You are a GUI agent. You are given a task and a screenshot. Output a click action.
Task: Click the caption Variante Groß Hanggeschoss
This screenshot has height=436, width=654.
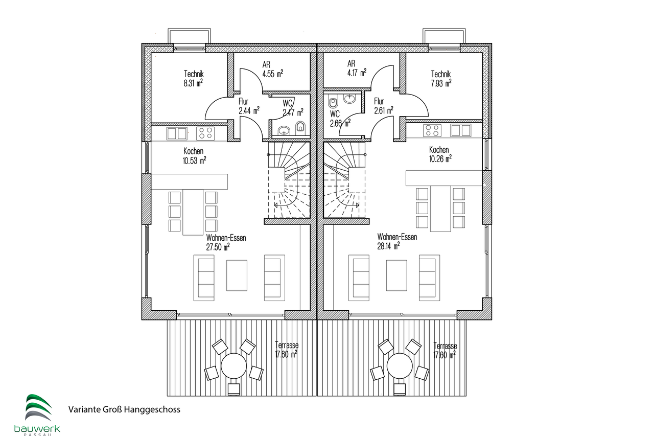pos(124,409)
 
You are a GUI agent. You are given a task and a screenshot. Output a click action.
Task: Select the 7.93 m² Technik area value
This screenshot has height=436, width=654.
pos(441,83)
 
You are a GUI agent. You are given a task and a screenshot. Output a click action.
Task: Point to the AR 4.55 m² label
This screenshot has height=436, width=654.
pos(272,69)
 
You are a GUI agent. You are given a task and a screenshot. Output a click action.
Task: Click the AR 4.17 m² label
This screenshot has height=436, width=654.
pos(357,68)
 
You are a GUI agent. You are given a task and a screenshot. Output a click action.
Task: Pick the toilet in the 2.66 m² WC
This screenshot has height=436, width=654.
pos(333,103)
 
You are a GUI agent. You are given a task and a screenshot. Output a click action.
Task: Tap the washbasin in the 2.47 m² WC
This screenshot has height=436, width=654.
pos(284,130)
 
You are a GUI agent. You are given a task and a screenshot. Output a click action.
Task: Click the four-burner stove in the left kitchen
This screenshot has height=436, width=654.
pos(205,133)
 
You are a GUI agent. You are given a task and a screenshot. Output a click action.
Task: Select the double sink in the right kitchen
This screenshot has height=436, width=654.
pos(461,130)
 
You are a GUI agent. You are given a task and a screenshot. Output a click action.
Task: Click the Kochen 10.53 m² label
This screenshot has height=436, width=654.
pos(194,156)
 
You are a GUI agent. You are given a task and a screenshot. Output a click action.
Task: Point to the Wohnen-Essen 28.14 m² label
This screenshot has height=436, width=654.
pos(397,241)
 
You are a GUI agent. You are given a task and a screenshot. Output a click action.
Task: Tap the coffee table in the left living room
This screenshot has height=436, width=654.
pos(237,276)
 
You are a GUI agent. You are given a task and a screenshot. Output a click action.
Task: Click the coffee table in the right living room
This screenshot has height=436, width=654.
pos(396,276)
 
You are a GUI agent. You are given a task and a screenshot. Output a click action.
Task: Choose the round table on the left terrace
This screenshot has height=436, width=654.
pos(233,366)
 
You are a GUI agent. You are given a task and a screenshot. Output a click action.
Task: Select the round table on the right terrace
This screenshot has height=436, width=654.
pos(400,366)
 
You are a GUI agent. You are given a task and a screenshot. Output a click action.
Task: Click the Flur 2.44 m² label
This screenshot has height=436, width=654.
pos(249,106)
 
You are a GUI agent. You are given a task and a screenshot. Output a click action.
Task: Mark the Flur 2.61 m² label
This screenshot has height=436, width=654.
pos(384,106)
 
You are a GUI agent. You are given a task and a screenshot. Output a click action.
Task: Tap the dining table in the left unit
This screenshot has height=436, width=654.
pos(193,212)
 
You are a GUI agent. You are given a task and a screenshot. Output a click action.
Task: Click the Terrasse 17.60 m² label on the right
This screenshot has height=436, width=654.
pos(445,351)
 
